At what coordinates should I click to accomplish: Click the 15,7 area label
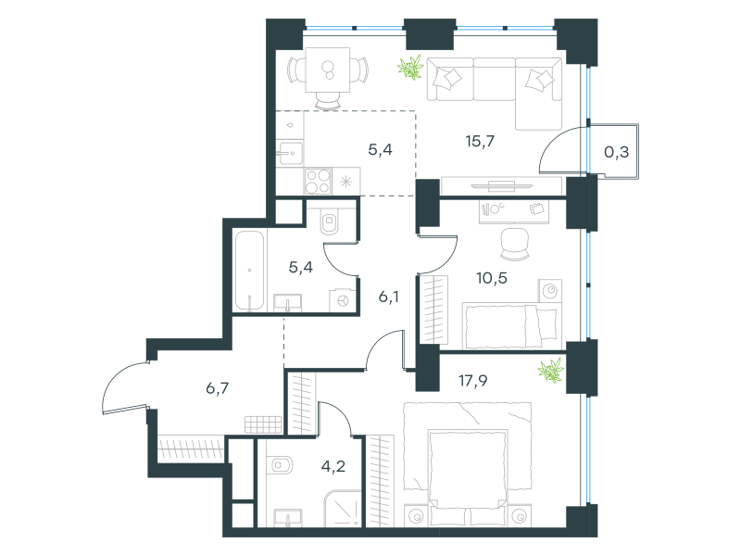pos(480,142)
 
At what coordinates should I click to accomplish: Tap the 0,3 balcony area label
pos(616,152)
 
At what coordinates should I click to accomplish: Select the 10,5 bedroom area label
pos(492,278)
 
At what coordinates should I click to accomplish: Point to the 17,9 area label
pos(473,381)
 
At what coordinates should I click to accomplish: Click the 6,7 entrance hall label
pos(218,388)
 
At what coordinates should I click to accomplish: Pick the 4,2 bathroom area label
pos(333,467)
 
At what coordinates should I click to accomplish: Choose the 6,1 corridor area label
pos(388,297)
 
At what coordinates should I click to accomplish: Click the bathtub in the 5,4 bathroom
pos(249,271)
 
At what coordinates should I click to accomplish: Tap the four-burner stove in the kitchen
pos(318,181)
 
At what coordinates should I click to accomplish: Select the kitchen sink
pos(290,153)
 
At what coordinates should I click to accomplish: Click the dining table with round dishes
pos(328,69)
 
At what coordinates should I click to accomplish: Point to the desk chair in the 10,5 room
pos(515,244)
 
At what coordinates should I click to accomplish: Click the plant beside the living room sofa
pos(410,67)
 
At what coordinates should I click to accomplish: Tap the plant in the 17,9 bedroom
pos(551,370)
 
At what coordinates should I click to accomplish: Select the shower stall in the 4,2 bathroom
pos(343,509)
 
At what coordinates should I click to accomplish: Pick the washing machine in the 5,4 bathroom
pos(343,300)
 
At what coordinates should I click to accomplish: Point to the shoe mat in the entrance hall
pos(263,424)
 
